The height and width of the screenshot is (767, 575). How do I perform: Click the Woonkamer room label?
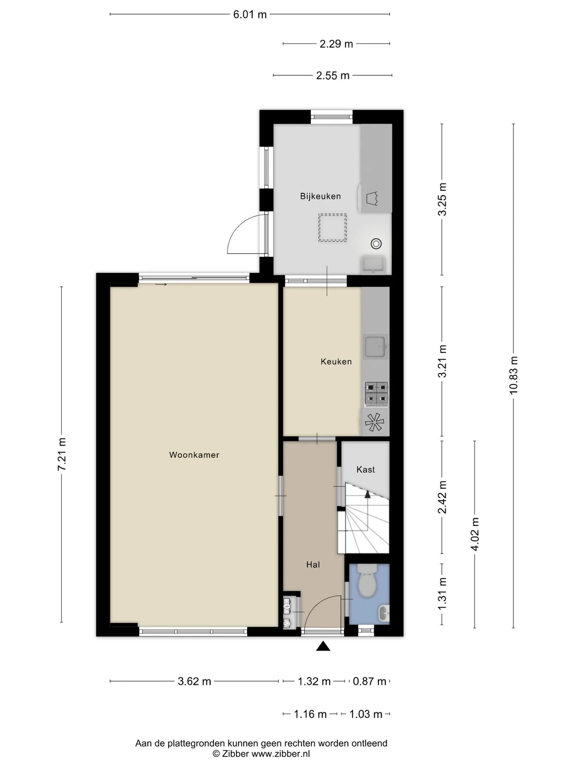[194, 455]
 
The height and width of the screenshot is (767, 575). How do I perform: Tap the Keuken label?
[336, 362]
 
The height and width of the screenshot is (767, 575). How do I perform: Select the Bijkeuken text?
[321, 196]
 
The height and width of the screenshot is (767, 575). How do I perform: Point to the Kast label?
[366, 469]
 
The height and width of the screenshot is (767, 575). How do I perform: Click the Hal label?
[313, 564]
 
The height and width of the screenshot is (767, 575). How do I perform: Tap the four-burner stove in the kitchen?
[377, 392]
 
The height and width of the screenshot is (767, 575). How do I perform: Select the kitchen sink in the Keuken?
[375, 346]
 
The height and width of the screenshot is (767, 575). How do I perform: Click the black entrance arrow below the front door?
[323, 646]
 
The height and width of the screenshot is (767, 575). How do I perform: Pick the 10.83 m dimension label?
[514, 376]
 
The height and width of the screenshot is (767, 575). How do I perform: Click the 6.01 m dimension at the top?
[250, 15]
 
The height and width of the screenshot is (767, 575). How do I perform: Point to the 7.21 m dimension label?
[62, 454]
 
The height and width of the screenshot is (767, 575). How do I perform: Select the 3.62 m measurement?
[194, 681]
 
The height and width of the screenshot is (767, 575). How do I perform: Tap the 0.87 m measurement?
[370, 681]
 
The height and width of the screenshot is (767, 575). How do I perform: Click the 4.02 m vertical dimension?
[475, 534]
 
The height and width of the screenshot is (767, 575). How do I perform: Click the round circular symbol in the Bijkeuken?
[376, 243]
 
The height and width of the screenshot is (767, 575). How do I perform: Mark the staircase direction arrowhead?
[367, 494]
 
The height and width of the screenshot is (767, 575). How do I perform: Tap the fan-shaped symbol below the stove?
[375, 422]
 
